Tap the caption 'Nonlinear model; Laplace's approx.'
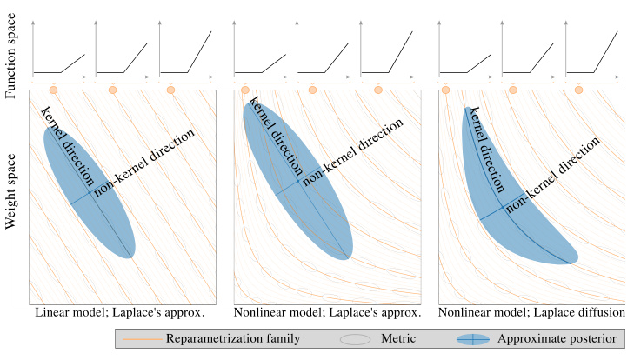pos(328,311)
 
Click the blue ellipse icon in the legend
pos(474,338)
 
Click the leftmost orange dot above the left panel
pos(53,90)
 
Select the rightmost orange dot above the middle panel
pos(377,90)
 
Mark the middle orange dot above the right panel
pos(512,90)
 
